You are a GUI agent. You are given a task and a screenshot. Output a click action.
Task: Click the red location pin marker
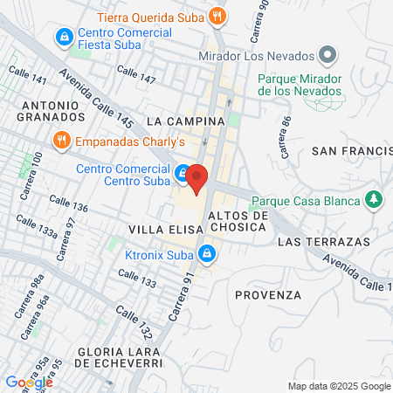click(196, 179)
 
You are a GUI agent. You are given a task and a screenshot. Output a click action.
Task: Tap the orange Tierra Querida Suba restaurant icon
click(219, 15)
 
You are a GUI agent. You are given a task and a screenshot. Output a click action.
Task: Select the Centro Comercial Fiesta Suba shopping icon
click(64, 38)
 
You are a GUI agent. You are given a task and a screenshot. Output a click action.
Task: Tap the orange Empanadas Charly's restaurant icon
click(61, 139)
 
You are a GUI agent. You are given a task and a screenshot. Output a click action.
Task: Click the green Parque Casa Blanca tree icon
click(375, 201)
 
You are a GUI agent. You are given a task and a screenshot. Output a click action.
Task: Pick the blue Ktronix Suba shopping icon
click(207, 255)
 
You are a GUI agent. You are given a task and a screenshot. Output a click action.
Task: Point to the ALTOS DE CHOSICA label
click(237, 221)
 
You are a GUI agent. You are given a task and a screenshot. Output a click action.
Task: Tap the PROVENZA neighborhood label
click(267, 294)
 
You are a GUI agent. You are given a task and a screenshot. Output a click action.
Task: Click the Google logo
click(29, 382)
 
